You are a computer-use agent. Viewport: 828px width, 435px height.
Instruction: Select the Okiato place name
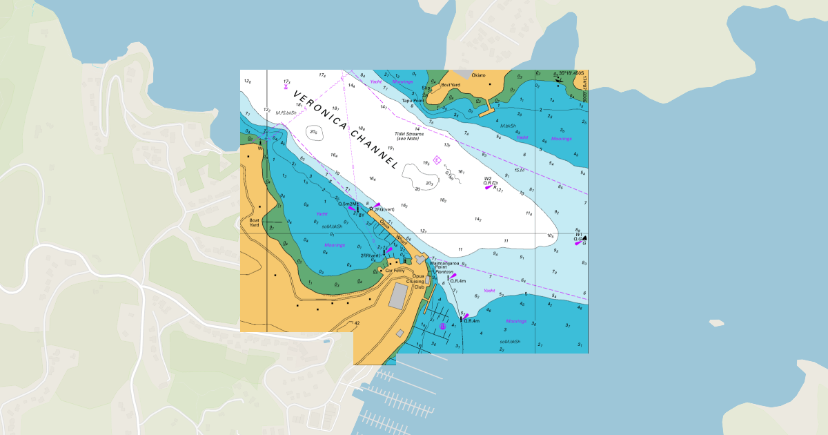point(478,75)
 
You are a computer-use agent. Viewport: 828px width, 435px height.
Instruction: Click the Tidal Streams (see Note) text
point(410,136)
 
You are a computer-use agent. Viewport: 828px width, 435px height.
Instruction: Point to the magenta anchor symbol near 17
point(285,86)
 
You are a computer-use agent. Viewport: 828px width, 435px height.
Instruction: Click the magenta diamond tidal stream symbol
point(437,159)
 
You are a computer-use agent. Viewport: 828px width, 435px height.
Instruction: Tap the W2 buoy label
point(488,179)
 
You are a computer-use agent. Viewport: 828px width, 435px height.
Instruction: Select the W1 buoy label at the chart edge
point(579,234)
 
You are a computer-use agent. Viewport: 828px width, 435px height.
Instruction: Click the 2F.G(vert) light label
point(384,209)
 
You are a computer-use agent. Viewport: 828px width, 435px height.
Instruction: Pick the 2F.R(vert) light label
point(371,255)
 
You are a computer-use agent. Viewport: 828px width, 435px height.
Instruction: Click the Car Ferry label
point(395,271)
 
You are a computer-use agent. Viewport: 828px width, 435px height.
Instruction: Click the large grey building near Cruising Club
point(398,296)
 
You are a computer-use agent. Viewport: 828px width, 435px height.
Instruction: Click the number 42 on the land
point(357,323)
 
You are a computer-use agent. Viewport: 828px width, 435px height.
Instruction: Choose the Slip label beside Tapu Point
point(426,88)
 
